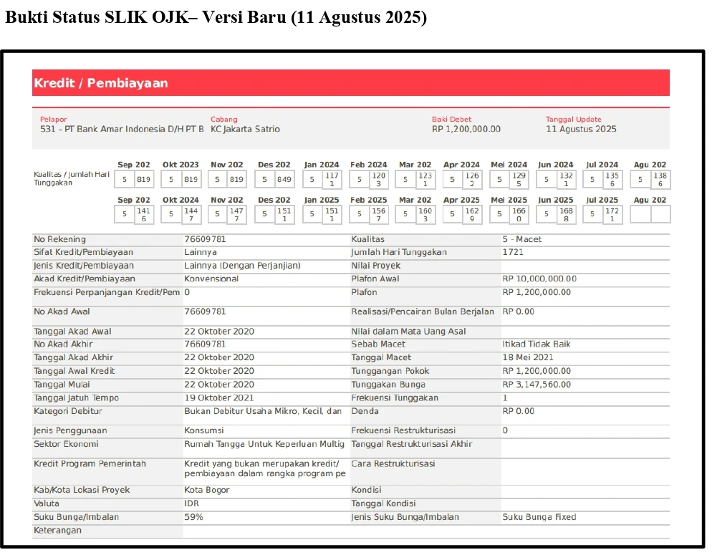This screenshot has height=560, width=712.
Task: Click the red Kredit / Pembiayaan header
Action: click(x=101, y=83)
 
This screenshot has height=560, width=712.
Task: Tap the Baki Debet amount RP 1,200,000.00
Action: click(x=466, y=130)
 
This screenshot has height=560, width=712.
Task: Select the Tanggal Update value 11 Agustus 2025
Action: click(x=581, y=130)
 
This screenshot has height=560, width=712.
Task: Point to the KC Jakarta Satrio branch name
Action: click(x=245, y=130)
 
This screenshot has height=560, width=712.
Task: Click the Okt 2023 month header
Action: click(x=181, y=165)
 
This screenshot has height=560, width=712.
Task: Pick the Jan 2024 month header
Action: click(x=322, y=165)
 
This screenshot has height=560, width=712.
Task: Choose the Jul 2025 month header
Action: click(x=602, y=201)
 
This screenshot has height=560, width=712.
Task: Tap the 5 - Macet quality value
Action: click(x=522, y=239)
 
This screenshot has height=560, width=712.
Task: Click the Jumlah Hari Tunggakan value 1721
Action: click(x=513, y=252)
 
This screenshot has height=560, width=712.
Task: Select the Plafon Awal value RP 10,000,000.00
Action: click(x=539, y=279)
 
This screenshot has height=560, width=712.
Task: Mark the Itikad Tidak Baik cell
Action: click(x=537, y=344)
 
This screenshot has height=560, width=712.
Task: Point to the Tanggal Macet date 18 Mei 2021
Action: click(x=528, y=357)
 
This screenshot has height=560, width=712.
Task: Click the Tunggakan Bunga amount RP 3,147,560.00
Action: click(x=537, y=385)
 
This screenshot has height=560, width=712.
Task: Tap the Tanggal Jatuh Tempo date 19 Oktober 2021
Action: click(x=218, y=398)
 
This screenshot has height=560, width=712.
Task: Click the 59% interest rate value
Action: click(x=193, y=517)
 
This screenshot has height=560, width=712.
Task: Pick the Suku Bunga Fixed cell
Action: click(x=539, y=517)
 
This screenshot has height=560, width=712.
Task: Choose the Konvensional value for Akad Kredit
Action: click(x=211, y=279)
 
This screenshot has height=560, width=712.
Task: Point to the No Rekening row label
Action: click(x=59, y=239)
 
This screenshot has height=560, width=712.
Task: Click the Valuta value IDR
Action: click(x=191, y=503)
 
